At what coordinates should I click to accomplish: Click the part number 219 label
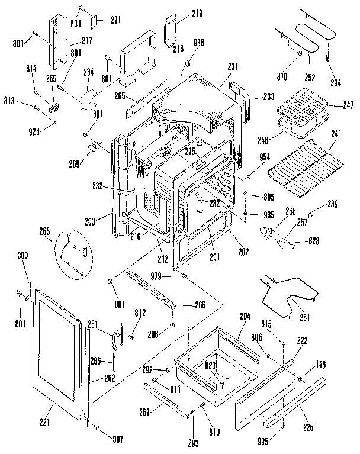coord(180,12)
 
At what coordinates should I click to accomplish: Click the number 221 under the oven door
coord(44,422)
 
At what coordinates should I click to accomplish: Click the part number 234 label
coord(89,73)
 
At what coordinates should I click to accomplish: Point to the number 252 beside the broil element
coord(311,77)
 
